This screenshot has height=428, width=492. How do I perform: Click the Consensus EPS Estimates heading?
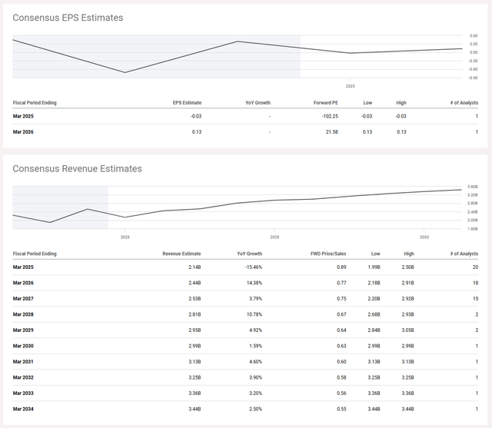click(x=68, y=18)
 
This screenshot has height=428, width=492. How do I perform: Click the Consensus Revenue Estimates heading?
click(x=77, y=168)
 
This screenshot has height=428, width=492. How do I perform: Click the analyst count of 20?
click(x=476, y=267)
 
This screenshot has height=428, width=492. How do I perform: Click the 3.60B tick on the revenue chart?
click(x=474, y=187)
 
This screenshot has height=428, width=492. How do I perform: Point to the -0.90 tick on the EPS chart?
click(x=474, y=78)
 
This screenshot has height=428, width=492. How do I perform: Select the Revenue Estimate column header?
click(x=181, y=253)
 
